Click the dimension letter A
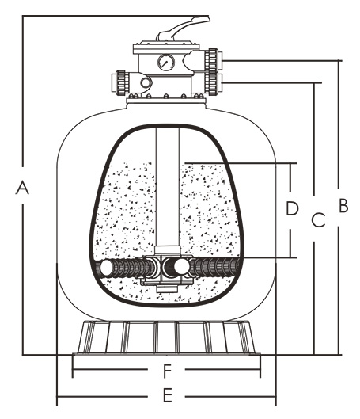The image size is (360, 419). pos(22,187)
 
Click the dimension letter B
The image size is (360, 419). pos(343,205)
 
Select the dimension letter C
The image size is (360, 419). pos(318,220)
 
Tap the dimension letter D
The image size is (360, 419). pos(292,208)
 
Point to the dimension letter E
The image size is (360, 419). pos(167,395)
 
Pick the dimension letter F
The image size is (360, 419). pos(166,371)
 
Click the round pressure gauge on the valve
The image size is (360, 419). pos(166,63)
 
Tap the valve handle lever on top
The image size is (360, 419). pos(184,28)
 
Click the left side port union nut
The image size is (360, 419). pos(121,82)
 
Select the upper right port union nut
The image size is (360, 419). pos(213,61)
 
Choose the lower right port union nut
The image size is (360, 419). pos(213,83)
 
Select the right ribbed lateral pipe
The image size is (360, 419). pos(214,267)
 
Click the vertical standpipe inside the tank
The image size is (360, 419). pos(168,187)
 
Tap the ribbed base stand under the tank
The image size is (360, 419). pos(166,337)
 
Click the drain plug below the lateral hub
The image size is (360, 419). pos(167,289)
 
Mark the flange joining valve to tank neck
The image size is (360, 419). pos(166,101)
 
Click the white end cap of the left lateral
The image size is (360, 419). pos(106,269)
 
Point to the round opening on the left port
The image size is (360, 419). pos(146,82)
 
